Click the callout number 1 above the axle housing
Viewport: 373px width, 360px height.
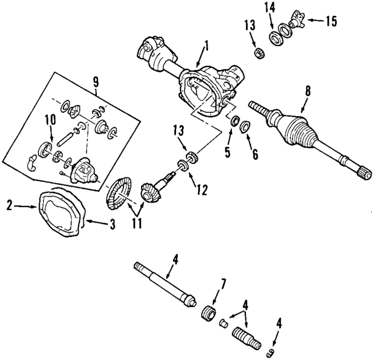click(206, 44)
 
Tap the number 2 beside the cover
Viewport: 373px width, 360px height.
click(10, 205)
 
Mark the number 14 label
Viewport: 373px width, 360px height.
click(269, 8)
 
